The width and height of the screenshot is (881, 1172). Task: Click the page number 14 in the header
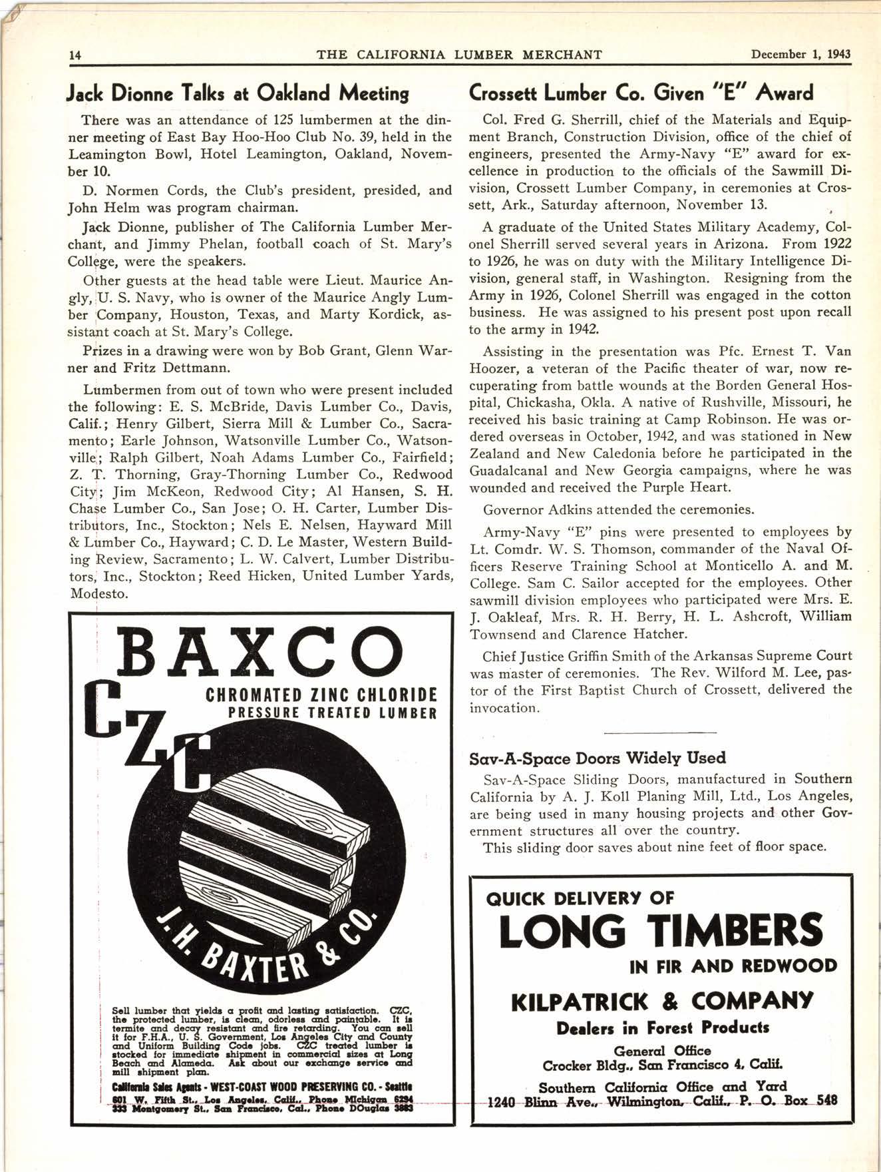(75, 55)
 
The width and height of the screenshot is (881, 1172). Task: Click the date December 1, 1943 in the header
(800, 54)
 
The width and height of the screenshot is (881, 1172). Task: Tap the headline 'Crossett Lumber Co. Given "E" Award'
(641, 93)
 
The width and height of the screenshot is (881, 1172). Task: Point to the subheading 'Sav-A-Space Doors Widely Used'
(598, 758)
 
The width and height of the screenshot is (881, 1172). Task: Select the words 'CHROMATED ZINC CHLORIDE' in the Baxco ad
(321, 696)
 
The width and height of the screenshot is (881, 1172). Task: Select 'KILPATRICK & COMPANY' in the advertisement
(661, 1001)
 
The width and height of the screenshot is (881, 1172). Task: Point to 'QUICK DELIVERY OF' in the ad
(580, 898)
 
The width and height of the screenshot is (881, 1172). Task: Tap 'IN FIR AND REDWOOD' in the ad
(733, 966)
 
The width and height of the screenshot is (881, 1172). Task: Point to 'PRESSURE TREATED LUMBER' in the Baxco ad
(332, 713)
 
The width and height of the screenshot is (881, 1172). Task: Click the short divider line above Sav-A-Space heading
(660, 733)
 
